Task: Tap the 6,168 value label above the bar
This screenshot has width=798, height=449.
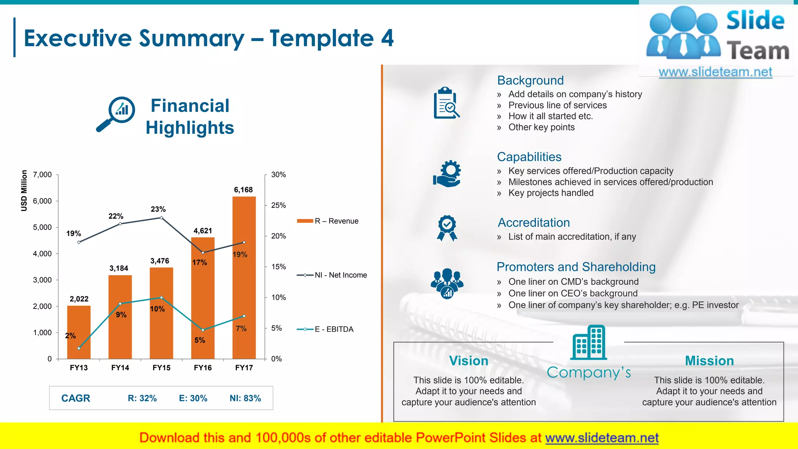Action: coord(243,190)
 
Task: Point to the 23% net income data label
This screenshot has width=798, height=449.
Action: coord(158,209)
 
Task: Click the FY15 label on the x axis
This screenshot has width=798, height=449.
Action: coord(161,368)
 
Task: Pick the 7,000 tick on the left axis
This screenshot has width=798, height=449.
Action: coord(42,175)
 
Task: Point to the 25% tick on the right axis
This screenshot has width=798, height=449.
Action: coord(278,205)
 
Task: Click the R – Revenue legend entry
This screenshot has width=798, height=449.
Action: coord(328,221)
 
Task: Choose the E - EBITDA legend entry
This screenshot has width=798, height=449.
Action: coord(325,329)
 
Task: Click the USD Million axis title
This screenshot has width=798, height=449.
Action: coord(24,191)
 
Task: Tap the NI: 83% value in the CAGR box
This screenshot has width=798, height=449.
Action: coord(245,398)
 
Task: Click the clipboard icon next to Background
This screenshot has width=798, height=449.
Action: coord(447,103)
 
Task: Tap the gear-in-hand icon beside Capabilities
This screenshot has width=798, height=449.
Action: coord(447,174)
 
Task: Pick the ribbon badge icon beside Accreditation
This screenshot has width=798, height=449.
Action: coord(447,228)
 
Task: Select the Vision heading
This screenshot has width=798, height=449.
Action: coord(468,361)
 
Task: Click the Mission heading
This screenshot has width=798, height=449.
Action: coord(709,361)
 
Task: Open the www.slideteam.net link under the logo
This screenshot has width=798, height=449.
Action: coord(715,72)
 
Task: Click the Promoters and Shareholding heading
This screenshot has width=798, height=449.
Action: coord(576,267)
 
